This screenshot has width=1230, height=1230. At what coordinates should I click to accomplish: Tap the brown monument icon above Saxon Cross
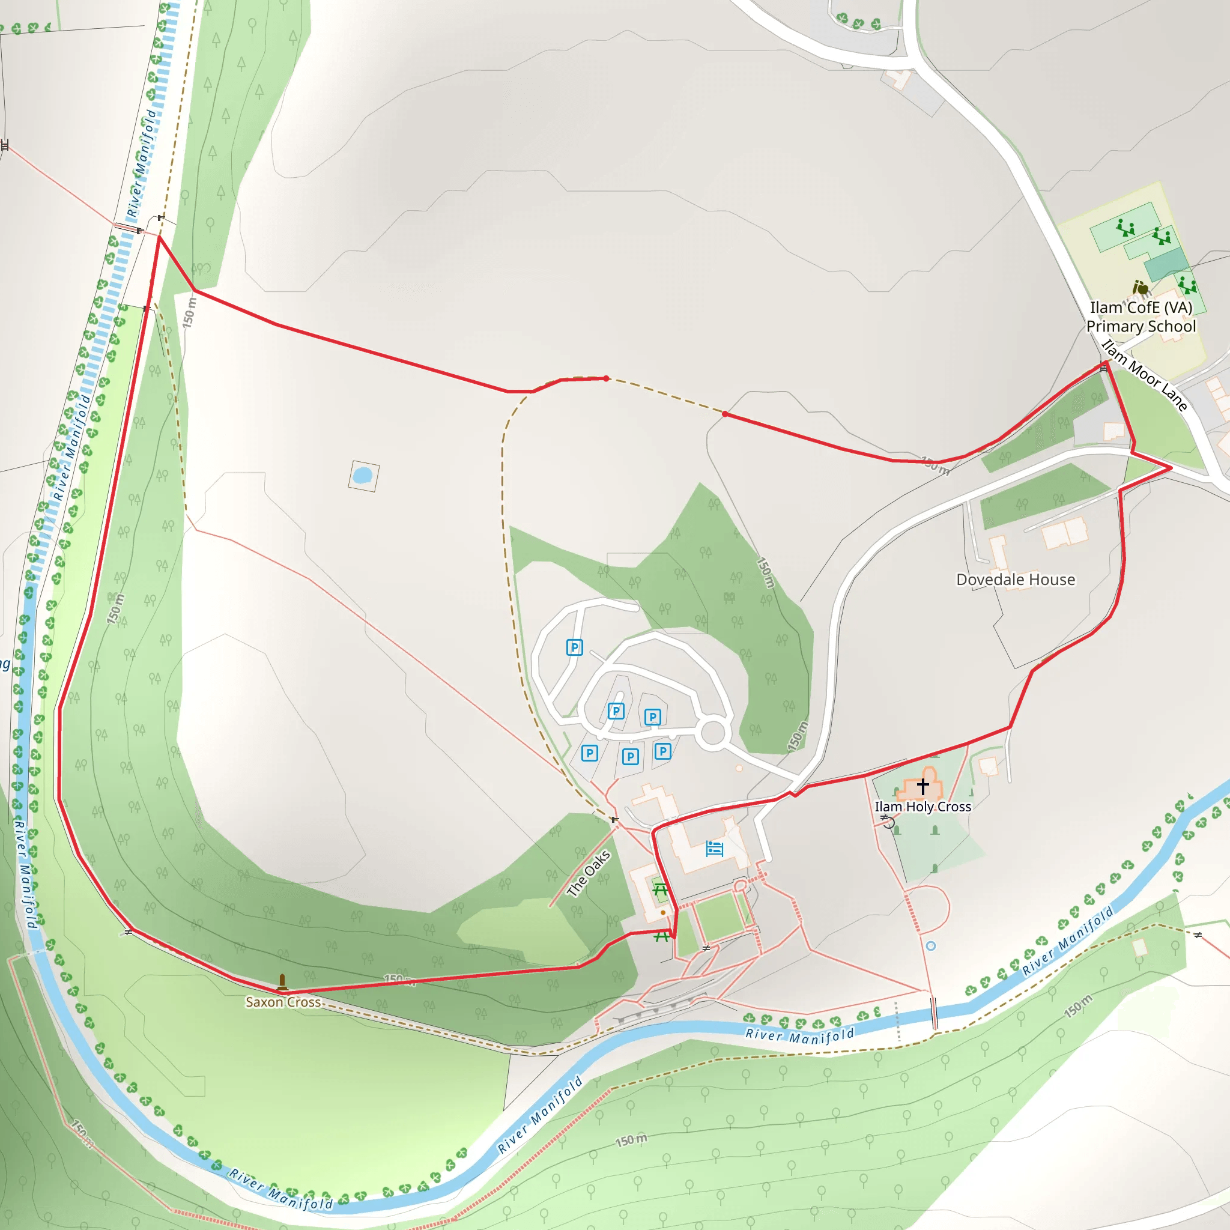point(282,983)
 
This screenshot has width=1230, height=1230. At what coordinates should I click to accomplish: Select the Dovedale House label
point(1016,580)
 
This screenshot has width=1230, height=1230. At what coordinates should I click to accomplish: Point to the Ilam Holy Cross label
point(922,807)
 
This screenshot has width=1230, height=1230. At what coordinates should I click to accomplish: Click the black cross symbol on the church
point(922,787)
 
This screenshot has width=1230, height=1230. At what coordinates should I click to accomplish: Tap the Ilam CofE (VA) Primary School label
point(1141,317)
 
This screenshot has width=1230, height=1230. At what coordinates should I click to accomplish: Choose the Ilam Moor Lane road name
point(1145,375)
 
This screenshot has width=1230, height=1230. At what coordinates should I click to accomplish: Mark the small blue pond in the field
point(362,475)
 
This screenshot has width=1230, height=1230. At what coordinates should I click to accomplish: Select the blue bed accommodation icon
point(714,849)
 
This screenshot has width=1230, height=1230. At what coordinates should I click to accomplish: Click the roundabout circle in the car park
point(712,733)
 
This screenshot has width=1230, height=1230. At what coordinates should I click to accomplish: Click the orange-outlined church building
point(921,786)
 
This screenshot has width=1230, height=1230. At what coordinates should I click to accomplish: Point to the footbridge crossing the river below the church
point(934,1013)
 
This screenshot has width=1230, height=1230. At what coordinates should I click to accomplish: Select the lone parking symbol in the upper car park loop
point(574,647)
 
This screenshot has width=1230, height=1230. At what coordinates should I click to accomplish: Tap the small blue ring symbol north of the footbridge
point(931,946)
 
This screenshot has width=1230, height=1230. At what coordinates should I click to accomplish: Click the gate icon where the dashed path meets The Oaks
point(614,819)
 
